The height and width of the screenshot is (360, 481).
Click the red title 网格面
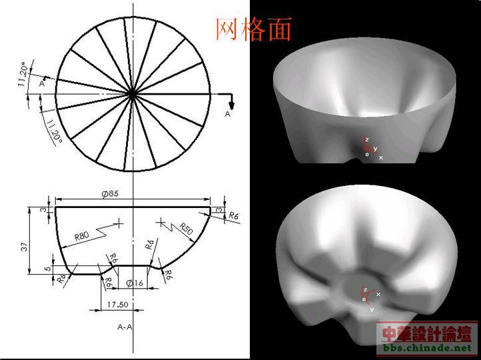[253, 29]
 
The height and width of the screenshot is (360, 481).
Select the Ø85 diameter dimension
[110, 193]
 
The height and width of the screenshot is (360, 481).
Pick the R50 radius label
[186, 229]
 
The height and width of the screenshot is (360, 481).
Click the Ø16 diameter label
[135, 283]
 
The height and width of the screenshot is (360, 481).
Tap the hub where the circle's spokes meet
[133, 95]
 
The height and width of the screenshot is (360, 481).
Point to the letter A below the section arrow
[227, 115]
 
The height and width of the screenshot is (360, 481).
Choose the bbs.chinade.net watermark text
[426, 348]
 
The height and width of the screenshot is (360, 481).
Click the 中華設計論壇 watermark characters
[426, 333]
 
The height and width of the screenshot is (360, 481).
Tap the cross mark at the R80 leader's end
[119, 223]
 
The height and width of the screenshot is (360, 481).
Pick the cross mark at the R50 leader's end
[161, 221]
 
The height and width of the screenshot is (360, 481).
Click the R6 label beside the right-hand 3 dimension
[233, 216]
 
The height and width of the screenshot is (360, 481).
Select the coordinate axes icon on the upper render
[370, 148]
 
